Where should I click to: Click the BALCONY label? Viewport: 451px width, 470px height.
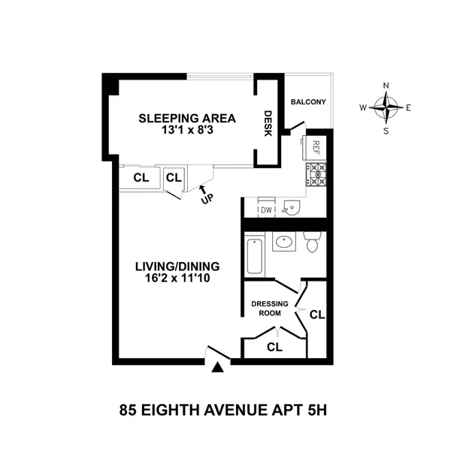pos(308,102)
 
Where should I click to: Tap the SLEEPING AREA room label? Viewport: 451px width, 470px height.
pos(187,118)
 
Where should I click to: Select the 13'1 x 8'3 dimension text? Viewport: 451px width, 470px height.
pos(187,131)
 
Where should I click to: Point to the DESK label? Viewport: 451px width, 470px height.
pos(267,124)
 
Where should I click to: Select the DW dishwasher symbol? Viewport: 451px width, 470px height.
pos(266,210)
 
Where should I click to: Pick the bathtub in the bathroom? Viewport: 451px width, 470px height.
pos(253,255)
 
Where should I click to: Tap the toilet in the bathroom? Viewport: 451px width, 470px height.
pos(313,242)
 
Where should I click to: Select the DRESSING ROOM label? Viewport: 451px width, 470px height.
pos(269,309)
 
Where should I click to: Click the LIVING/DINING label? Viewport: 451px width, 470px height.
pos(177,267)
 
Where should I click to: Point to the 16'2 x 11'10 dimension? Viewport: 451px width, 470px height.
pos(177,279)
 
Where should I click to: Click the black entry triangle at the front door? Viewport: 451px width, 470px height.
pos(218,368)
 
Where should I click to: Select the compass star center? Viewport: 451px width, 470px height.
pos(386,108)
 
